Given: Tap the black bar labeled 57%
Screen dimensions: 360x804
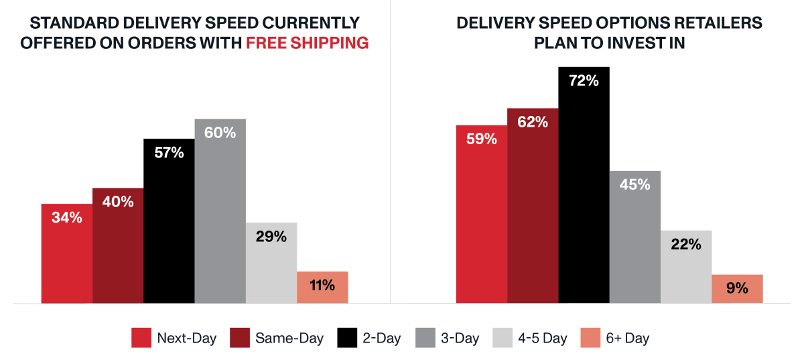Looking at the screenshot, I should [169, 221].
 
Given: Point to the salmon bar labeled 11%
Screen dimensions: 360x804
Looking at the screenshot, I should [322, 288].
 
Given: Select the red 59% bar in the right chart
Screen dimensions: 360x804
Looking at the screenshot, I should [482, 214].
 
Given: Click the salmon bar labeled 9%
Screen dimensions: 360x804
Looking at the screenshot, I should [737, 289].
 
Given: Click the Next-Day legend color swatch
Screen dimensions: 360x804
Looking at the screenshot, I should [141, 338].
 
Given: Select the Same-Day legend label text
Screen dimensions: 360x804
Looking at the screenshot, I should [289, 338].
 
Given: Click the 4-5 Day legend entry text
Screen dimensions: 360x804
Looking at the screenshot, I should [543, 338].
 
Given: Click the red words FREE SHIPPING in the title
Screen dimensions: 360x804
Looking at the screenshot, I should [307, 43].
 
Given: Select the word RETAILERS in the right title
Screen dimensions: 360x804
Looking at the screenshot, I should [713, 22].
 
